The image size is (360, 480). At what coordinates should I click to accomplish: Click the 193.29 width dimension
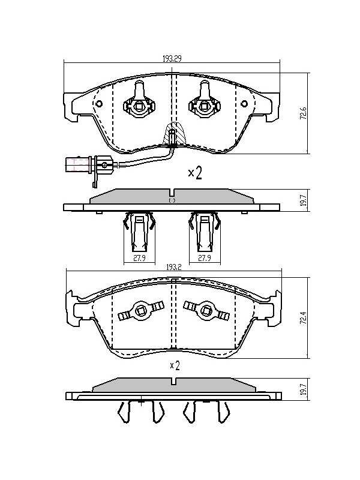pos(172,58)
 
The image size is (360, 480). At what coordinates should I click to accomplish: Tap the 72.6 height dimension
pos(303,113)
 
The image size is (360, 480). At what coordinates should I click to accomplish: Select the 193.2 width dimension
pos(174,267)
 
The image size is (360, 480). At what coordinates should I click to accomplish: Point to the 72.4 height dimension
pos(303,318)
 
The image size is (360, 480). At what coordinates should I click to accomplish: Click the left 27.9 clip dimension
pos(139,258)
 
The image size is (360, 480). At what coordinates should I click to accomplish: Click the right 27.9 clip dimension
pos(205,258)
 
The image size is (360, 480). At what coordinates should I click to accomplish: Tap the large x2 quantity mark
pos(195,173)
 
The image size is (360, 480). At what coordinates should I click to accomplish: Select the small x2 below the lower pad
pos(175,365)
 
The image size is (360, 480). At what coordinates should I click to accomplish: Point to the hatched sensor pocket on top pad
pos(175,133)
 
